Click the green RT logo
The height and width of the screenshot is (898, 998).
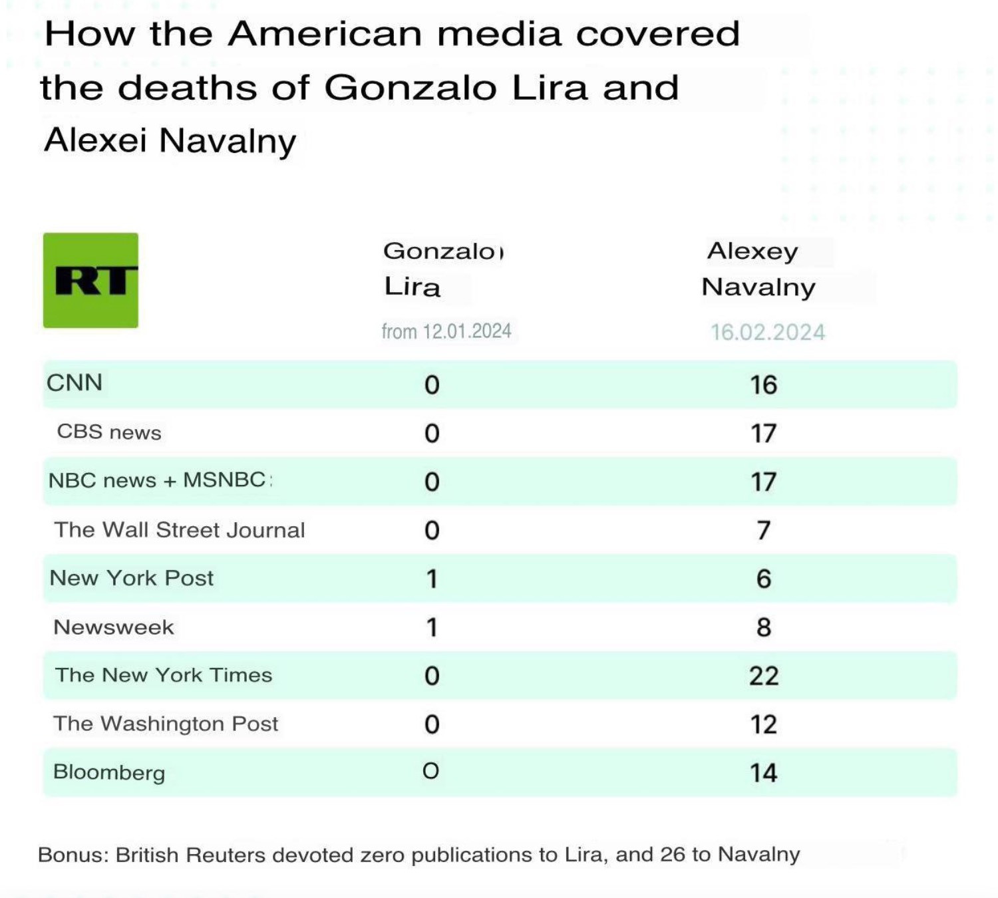click(90, 280)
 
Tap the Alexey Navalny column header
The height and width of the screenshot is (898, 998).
click(758, 269)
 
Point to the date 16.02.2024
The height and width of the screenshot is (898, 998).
click(767, 332)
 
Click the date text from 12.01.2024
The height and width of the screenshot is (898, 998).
click(446, 331)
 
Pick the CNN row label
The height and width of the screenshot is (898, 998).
click(75, 383)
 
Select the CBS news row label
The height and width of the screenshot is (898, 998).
click(109, 432)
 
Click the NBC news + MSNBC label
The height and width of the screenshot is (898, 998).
click(158, 480)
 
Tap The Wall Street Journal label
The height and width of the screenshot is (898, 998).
click(180, 529)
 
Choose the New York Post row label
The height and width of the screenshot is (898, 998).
click(132, 578)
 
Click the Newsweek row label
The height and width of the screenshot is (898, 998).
click(114, 627)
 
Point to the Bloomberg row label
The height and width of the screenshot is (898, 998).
click(109, 772)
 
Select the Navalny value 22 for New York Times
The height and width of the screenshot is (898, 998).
click(764, 676)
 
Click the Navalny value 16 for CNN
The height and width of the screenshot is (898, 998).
click(764, 385)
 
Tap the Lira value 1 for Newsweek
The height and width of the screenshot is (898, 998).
click(432, 627)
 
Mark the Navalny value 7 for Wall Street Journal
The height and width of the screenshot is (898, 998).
click(764, 530)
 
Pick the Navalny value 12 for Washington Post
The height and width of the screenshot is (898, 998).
click(764, 724)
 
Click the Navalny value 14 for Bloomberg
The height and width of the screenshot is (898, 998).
click(764, 773)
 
